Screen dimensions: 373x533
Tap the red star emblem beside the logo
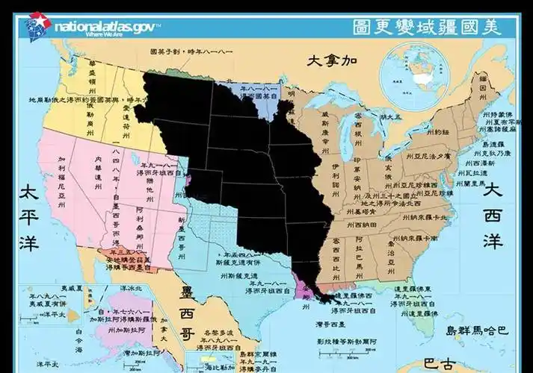click(x=35, y=25)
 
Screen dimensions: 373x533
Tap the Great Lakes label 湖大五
click(x=390, y=116)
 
